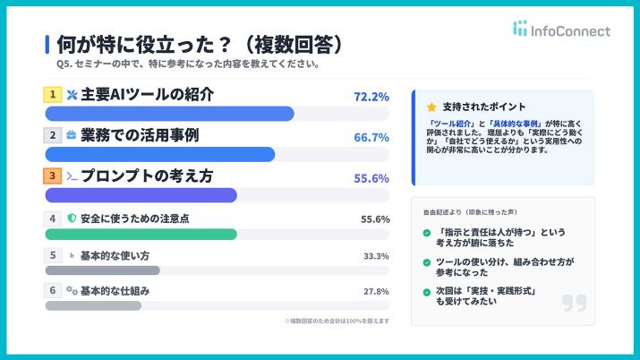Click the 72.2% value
click(x=372, y=97)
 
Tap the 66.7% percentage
click(x=372, y=137)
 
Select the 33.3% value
click(x=376, y=256)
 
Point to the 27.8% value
click(x=376, y=292)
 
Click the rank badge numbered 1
click(x=54, y=94)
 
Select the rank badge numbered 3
click(x=54, y=176)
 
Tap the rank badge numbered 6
click(x=54, y=291)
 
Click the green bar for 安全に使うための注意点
click(x=141, y=235)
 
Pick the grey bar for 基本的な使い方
click(x=102, y=270)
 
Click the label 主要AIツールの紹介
click(x=148, y=94)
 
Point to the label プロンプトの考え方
click(x=147, y=176)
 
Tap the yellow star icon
click(x=431, y=107)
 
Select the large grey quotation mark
click(x=574, y=303)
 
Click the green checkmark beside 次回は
click(x=427, y=292)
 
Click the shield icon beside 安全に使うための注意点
click(x=73, y=219)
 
